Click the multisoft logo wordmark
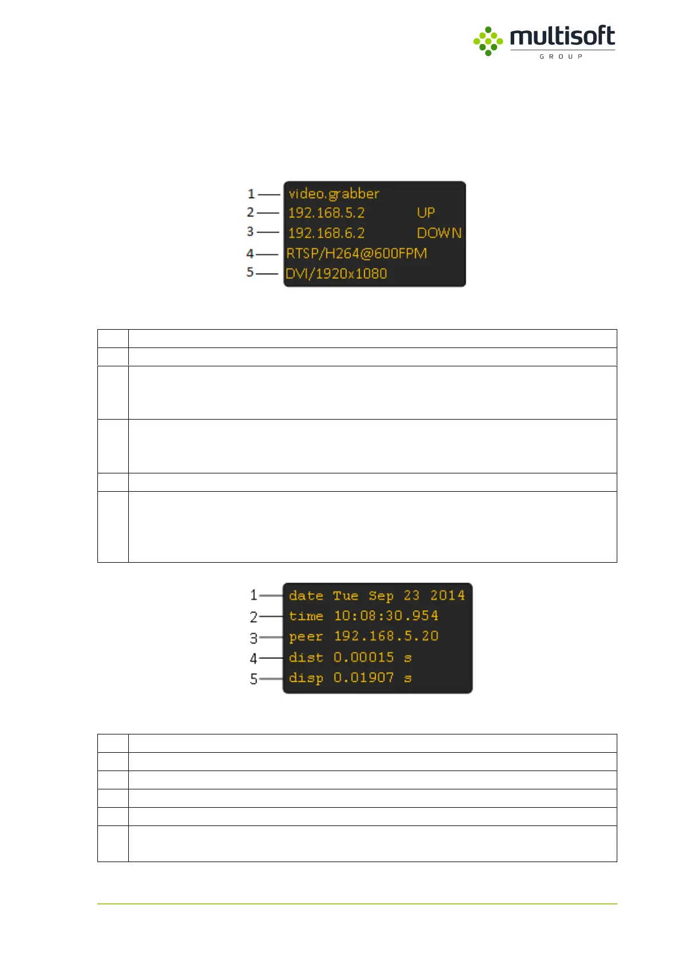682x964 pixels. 562,37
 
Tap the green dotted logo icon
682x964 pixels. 488,41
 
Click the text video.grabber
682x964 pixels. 334,193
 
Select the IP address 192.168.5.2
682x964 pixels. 326,213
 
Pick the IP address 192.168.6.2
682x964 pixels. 326,233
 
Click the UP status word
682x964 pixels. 425,213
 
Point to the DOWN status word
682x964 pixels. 439,233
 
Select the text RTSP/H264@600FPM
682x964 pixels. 356,253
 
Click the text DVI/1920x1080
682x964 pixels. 336,274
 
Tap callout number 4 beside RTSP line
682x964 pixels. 250,254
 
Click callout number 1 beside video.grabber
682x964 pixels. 251,194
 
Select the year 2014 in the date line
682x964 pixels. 447,595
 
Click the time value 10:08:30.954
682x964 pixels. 386,616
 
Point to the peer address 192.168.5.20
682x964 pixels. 386,636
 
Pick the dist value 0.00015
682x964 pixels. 364,657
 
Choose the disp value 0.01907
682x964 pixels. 364,678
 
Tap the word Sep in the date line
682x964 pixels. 381,596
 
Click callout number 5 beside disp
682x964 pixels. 253,679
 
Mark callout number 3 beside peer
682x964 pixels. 253,638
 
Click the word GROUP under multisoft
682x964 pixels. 561,57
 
